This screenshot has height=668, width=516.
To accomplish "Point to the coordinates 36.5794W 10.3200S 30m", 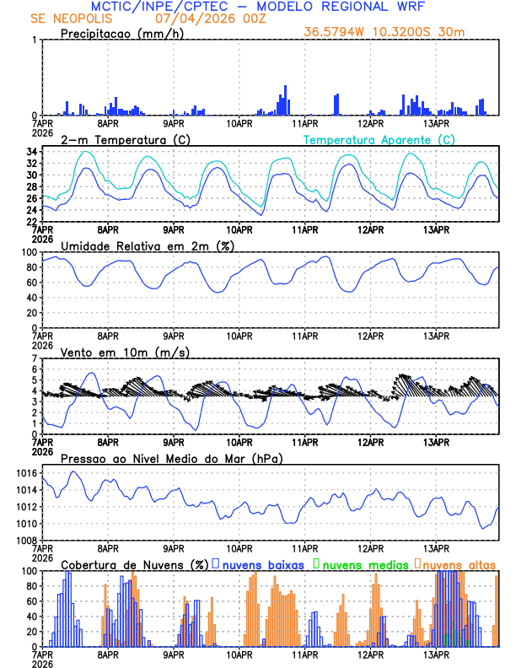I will (x=384, y=32).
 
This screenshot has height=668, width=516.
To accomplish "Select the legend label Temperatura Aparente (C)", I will (x=379, y=139).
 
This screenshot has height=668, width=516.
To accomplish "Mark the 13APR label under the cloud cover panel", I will (x=435, y=655).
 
